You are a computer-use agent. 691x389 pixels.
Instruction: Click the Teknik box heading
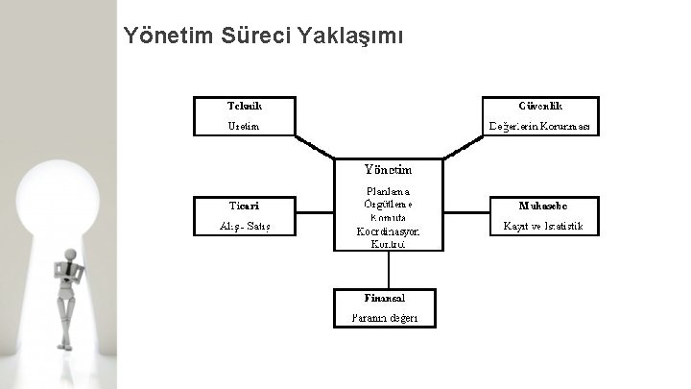pos(245,105)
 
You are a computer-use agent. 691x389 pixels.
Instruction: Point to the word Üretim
pos(244,126)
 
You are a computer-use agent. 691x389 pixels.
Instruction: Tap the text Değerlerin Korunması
pos(544,126)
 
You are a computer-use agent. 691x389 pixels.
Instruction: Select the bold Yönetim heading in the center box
pos(387,168)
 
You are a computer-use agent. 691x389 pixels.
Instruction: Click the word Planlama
pos(388,190)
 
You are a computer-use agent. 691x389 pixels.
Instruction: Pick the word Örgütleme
pos(389,204)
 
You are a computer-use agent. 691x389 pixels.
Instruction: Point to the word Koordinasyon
pos(388,231)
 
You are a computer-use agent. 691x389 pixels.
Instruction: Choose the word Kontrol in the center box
pos(387,245)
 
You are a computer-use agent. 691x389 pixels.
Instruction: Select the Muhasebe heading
pos(544,206)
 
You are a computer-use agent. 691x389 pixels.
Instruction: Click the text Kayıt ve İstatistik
pos(544,227)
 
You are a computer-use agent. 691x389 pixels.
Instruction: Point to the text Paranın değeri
pos(384,318)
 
